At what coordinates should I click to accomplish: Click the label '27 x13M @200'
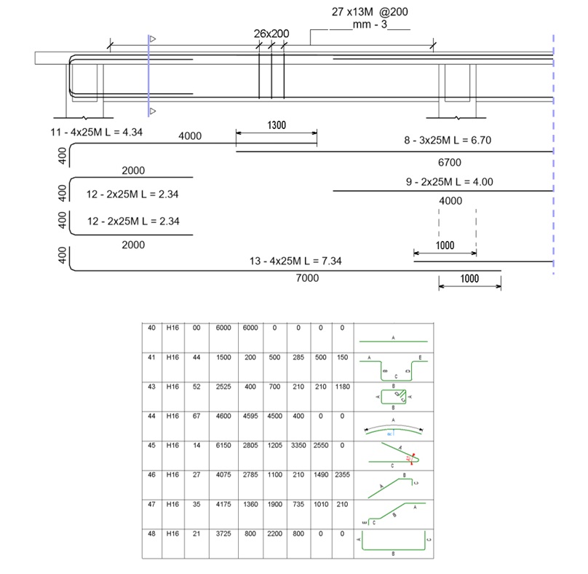coord(365,13)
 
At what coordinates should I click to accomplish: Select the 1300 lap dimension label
coord(276,125)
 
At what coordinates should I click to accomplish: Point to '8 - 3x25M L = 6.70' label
coord(450,140)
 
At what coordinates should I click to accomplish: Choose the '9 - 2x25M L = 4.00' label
coord(450,181)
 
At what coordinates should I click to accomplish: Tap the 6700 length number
coord(451,162)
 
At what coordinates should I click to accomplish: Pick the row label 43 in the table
coord(152,387)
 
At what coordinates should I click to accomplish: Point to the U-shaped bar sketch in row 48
coord(394,543)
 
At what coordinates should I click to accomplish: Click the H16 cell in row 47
coord(172,503)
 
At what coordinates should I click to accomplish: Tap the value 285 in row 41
coord(297,358)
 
